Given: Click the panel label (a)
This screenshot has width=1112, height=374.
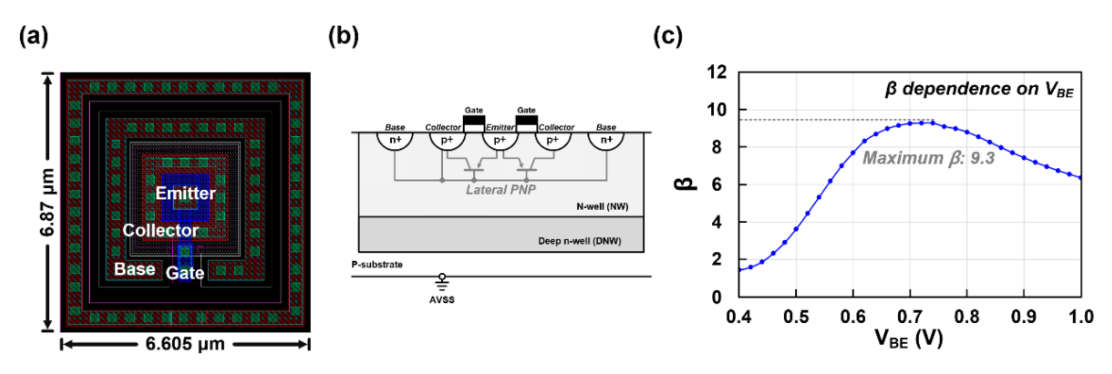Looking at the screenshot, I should point(33,36).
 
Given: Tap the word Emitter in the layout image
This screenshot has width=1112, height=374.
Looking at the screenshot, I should point(186,193).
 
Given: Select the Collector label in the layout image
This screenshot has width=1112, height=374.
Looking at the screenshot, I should point(160,230).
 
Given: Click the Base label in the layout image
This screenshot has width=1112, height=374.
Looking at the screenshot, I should point(134,269).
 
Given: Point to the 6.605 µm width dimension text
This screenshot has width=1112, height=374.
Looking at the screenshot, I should point(185,344).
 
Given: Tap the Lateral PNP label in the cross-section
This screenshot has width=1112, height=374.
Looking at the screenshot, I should point(501,190).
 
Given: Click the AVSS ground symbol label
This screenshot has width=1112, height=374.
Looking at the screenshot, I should point(442,300).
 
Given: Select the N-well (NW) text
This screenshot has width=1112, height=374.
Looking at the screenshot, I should point(602,207).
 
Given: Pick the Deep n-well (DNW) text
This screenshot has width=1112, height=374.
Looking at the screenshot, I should point(579,241).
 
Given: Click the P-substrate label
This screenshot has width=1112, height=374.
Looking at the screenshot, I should point(377,265).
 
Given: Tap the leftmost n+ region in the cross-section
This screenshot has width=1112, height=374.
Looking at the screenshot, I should point(395,140).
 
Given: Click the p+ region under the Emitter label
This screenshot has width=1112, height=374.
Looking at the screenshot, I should point(500,140).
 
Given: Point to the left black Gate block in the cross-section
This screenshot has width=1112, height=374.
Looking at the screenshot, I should point(474,120).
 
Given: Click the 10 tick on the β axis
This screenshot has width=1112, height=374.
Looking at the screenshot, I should point(717,109).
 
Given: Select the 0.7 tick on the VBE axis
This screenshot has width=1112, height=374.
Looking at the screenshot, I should point(910,317).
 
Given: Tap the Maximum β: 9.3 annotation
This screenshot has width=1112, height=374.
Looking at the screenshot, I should point(928,158).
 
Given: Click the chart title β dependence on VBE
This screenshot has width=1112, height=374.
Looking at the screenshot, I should point(979,89).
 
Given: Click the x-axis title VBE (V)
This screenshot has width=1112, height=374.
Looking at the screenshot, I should point(908,338).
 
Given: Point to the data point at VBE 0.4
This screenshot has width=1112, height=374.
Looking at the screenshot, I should point(740,270).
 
